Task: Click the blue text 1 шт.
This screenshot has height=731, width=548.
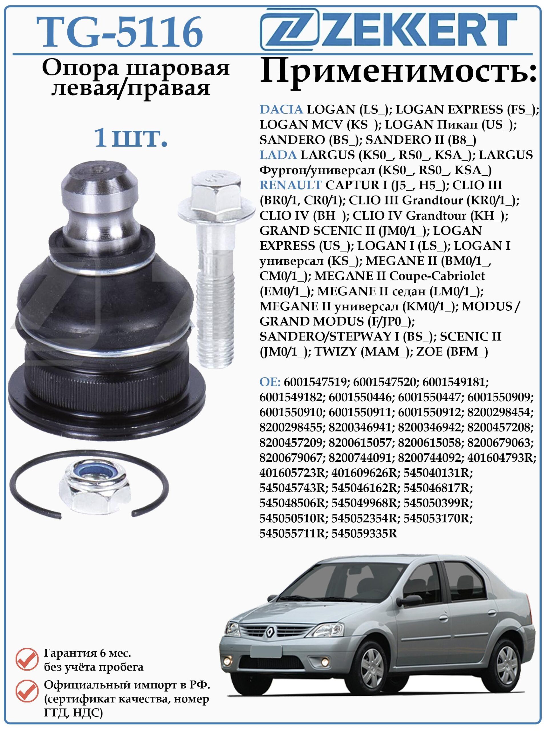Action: tap(131, 137)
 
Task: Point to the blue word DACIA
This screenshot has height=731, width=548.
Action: tap(281, 109)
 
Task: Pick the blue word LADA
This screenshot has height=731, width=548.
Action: tap(278, 155)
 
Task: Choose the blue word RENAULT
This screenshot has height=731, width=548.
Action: tap(290, 185)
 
